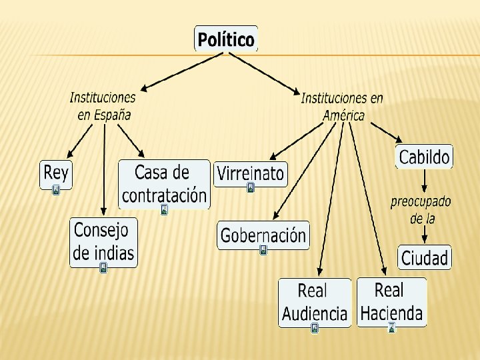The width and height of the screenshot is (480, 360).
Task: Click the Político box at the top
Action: (225, 39)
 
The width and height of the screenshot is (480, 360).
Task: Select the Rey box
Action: (56, 174)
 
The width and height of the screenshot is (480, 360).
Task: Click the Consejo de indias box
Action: (103, 241)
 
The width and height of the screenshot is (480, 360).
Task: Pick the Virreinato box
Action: (250, 173)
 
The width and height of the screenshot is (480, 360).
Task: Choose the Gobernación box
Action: (263, 235)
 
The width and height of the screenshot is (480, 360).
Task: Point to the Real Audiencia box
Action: (315, 301)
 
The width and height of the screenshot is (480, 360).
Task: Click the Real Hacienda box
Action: (391, 301)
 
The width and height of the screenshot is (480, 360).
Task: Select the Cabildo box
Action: (424, 157)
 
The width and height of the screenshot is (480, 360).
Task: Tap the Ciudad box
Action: (425, 257)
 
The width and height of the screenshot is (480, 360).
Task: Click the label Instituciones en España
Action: (103, 105)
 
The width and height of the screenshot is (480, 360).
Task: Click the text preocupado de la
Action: (421, 209)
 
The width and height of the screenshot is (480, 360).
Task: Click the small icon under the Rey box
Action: (56, 191)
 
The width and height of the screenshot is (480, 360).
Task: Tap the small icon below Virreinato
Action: (250, 188)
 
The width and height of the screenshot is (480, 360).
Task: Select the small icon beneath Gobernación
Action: (263, 251)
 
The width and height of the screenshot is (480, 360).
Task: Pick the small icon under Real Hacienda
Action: (392, 327)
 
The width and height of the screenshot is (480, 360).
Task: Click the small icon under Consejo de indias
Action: (103, 268)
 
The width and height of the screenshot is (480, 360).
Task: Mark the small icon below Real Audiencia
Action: (315, 328)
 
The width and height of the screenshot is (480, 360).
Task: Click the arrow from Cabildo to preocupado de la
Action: (423, 180)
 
